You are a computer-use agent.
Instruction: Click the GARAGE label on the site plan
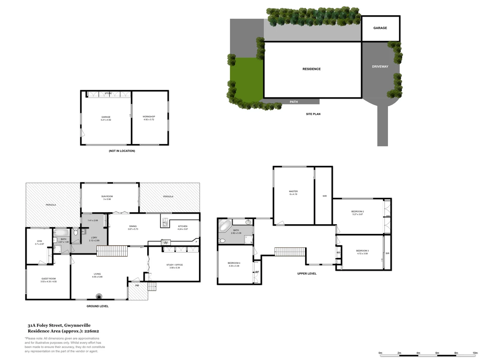pos(380,28)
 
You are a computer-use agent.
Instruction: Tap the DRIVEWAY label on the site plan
pos(380,67)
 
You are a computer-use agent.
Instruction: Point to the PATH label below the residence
pos(294,102)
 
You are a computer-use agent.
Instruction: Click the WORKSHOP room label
pos(149,117)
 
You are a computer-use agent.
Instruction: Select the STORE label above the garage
pos(108,94)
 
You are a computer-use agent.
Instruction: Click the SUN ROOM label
pos(107,197)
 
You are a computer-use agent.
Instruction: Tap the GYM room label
pos(39,241)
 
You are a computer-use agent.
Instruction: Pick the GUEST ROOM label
pos(49,279)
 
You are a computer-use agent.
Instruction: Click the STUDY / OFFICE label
pos(175,265)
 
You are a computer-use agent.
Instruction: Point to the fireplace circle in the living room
pos(99,296)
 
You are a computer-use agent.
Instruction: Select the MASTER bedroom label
pos(293,191)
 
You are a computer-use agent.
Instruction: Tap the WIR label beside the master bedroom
pos(325,196)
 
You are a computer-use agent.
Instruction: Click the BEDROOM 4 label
pos(234,263)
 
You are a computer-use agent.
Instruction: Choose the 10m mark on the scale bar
pos(475,353)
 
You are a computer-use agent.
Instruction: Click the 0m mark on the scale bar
pos(380,353)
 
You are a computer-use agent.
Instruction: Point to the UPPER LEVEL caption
pos(307,274)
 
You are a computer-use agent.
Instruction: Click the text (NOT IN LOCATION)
pos(122,151)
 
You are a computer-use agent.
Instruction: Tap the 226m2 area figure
pos(91,331)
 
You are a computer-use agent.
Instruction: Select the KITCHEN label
pos(183,226)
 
